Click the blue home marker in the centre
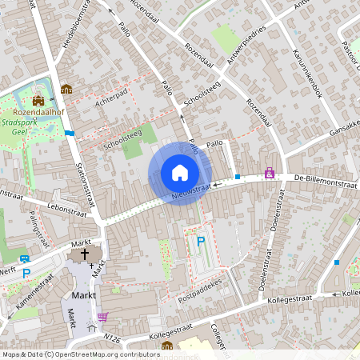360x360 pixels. pos(180,173)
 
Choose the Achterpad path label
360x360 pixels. pos(110,97)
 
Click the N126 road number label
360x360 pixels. pos(112,339)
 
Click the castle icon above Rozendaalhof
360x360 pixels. pos(38,101)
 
